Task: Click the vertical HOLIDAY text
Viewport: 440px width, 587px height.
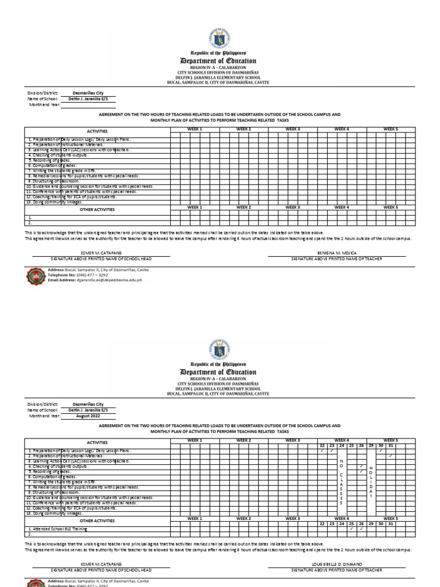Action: tap(371, 478)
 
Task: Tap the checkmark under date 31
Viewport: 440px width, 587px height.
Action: tap(391, 456)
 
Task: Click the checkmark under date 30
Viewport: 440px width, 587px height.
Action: tap(381, 451)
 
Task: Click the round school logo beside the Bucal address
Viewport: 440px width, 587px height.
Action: tap(35, 276)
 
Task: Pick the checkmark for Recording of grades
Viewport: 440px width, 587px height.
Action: tap(361, 471)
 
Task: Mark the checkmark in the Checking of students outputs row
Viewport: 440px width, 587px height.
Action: tap(361, 466)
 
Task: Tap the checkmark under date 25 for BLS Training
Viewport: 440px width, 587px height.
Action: tap(351, 529)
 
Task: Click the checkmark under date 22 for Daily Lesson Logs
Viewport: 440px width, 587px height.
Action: tap(322, 451)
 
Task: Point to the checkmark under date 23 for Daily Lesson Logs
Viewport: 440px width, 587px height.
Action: tap(332, 451)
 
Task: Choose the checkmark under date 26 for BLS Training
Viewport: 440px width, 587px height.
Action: tap(361, 529)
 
